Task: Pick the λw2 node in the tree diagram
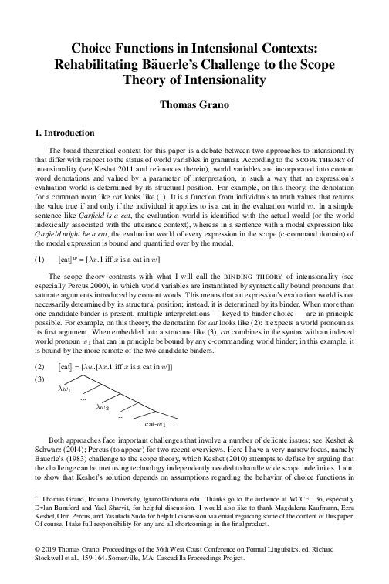103,406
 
